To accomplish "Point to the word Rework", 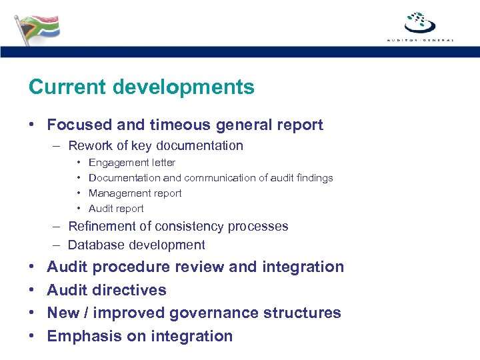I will pyautogui.click(x=89, y=145).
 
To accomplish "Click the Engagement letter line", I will pyautogui.click(x=132, y=163).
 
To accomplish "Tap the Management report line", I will pyautogui.click(x=135, y=193).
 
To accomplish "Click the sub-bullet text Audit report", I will pyautogui.click(x=116, y=209).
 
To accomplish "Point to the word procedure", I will pyautogui.click(x=131, y=267).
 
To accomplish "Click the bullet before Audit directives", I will pyautogui.click(x=32, y=291).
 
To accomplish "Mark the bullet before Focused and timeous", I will pyautogui.click(x=32, y=125).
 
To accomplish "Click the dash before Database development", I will pyautogui.click(x=59, y=245).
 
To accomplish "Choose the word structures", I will pyautogui.click(x=305, y=313).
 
